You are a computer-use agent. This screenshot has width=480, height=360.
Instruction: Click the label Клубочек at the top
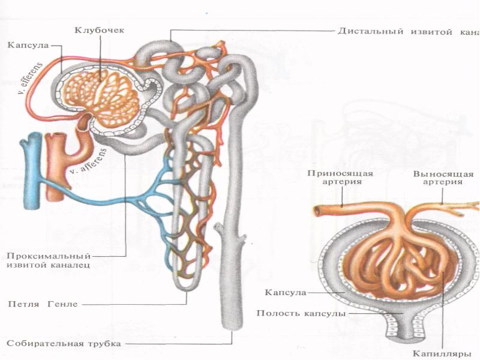click(100, 30)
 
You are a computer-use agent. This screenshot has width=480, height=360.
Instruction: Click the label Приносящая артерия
click(340, 178)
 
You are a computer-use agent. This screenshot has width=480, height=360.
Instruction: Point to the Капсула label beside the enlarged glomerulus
click(285, 292)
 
